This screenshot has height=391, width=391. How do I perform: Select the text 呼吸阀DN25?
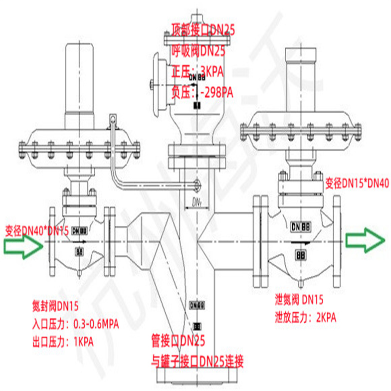pyautogui.click(x=198, y=51)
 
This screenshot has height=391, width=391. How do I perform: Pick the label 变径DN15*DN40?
pyautogui.click(x=356, y=183)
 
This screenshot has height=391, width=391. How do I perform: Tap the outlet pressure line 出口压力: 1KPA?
pyautogui.click(x=62, y=342)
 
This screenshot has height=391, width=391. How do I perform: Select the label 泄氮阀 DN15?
pyautogui.click(x=299, y=300)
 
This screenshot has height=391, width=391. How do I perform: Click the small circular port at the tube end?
pyautogui.click(x=196, y=185)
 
